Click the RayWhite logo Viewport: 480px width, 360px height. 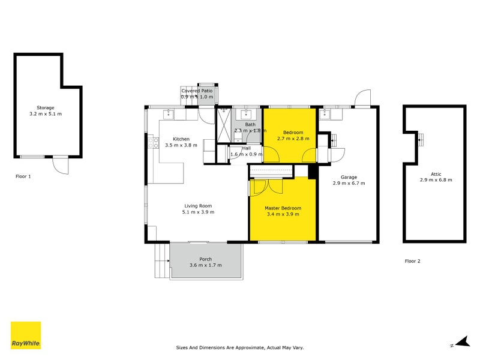(26, 335)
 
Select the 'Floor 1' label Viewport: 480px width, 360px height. (24, 176)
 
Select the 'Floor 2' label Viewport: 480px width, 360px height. (413, 261)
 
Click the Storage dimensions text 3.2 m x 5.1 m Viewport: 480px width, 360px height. (46, 113)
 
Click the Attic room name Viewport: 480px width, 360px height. (436, 174)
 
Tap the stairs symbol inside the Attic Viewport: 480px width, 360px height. (421, 139)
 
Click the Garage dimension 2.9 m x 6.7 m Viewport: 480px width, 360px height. (349, 183)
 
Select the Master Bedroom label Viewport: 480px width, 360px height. (283, 208)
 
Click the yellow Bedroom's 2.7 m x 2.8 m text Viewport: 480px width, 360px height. (293, 139)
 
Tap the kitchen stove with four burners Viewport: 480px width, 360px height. (154, 143)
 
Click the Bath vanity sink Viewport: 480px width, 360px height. (246, 113)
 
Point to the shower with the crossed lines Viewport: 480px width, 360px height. (223, 127)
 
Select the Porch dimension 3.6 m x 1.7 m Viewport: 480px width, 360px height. (206, 265)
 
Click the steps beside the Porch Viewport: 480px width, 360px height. (161, 261)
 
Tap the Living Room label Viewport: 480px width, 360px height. (199, 206)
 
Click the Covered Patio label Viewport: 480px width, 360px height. (197, 91)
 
